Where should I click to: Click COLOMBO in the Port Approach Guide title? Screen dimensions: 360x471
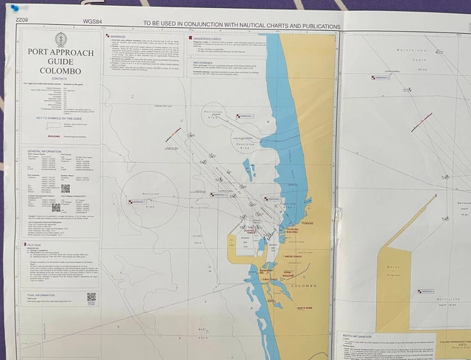pos(60,71)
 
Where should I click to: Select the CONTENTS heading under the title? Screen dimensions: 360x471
pos(60,84)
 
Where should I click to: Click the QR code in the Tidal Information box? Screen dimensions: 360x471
pos(91,297)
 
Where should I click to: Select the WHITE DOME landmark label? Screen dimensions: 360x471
pos(302,306)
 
